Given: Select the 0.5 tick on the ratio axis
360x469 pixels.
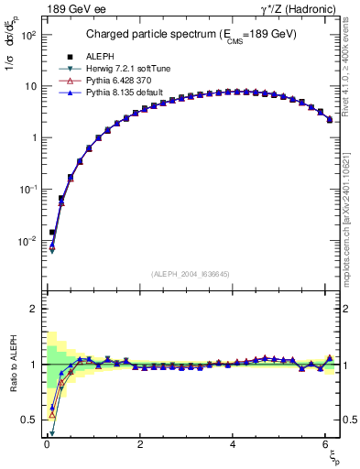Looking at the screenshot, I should click(x=27, y=420).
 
